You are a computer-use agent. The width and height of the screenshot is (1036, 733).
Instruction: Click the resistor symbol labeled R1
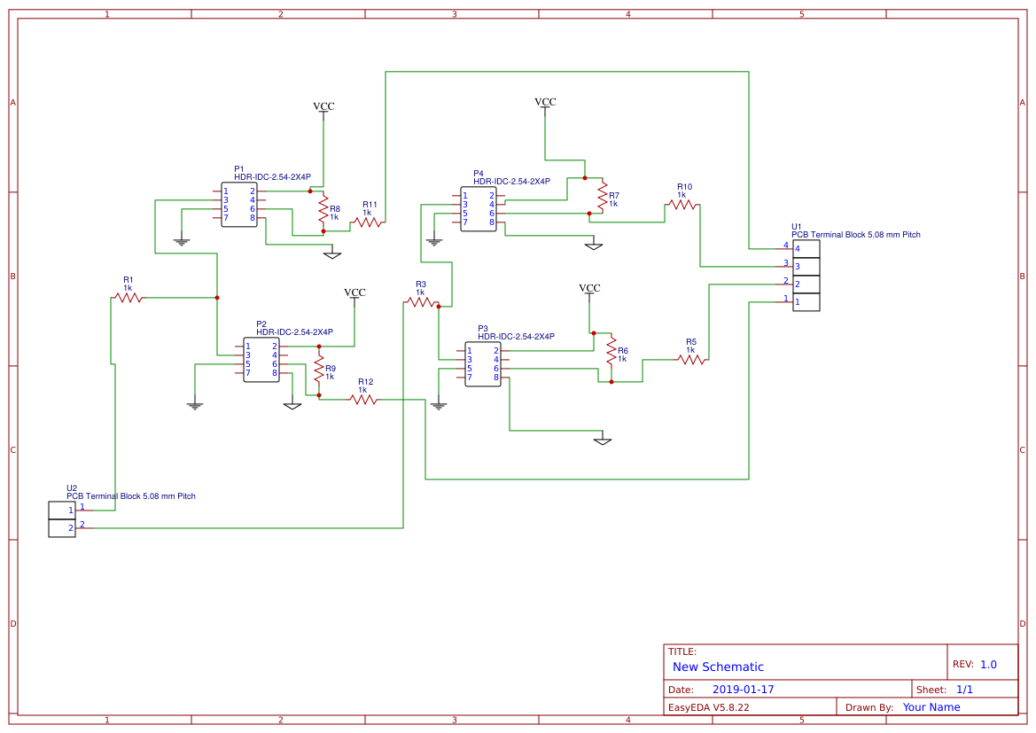point(129,298)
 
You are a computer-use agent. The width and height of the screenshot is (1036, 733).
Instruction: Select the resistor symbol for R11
point(368,222)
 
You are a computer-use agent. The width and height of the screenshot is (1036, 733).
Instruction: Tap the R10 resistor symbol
point(682,205)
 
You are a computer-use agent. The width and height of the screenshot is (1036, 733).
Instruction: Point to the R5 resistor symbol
point(691,360)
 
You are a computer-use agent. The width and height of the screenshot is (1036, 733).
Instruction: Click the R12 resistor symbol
point(363,400)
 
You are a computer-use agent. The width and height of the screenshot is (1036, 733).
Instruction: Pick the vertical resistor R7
point(602,196)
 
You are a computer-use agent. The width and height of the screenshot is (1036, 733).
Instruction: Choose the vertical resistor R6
point(611,351)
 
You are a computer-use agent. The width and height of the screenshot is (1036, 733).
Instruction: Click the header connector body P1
point(239,205)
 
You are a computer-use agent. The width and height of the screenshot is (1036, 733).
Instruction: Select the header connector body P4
point(479,209)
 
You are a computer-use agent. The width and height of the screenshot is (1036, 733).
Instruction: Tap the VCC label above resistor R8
point(323,106)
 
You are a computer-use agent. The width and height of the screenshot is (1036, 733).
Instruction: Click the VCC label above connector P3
point(589,288)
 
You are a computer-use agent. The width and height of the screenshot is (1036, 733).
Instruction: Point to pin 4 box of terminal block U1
point(806,249)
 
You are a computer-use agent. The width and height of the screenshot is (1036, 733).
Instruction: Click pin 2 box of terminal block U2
point(62,528)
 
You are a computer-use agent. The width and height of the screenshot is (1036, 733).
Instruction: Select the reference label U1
point(796,227)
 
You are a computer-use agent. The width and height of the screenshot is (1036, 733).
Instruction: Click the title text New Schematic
point(718,667)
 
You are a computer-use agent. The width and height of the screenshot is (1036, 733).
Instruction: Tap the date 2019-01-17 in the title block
point(744,690)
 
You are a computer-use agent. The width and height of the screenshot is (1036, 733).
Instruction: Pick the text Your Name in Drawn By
point(931,707)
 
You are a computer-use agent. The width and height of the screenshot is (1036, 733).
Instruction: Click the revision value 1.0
point(988,664)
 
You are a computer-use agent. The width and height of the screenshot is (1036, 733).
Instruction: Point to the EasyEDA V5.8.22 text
point(709,707)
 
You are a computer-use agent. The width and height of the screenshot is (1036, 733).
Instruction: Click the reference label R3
point(421,285)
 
